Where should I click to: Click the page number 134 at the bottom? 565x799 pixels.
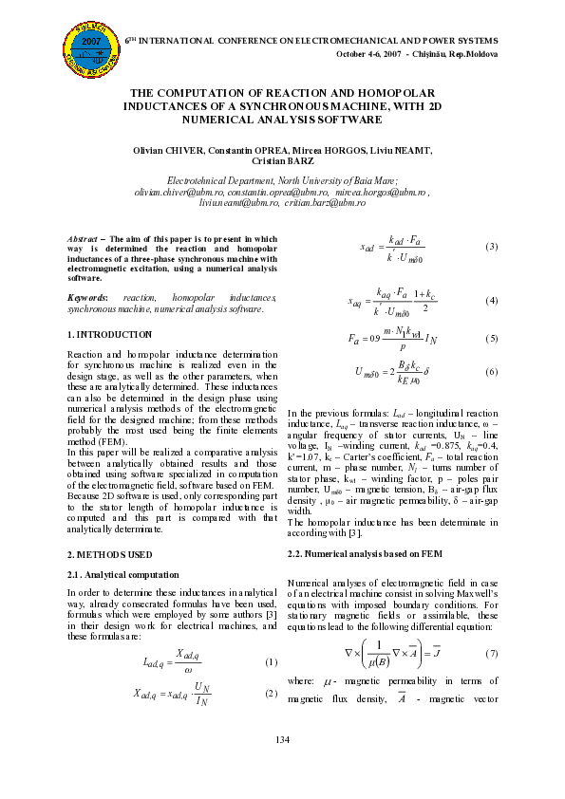[282, 766]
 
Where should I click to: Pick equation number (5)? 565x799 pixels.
[491, 338]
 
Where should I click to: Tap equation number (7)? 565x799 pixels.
[491, 654]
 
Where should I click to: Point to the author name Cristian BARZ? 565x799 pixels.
[282, 162]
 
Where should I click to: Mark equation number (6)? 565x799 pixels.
[491, 372]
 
